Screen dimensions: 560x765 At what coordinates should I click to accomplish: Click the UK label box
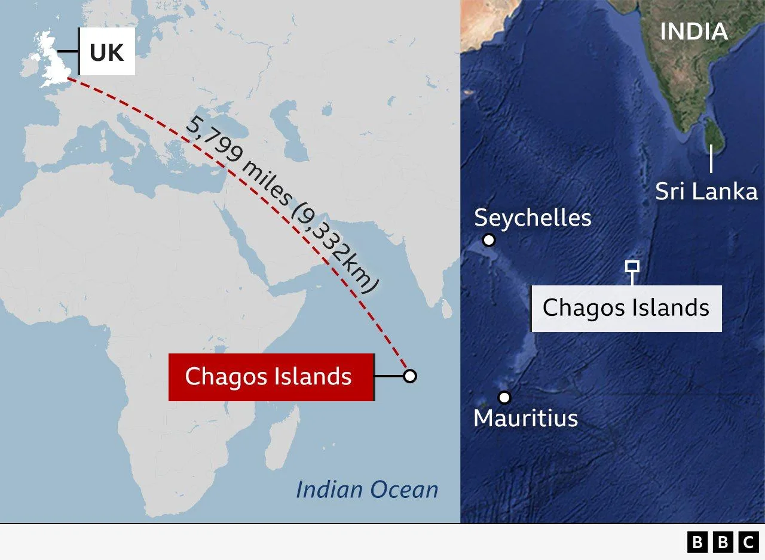(x=107, y=53)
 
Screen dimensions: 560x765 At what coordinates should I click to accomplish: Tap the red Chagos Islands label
(x=271, y=377)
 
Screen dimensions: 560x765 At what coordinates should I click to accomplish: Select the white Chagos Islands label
(x=626, y=308)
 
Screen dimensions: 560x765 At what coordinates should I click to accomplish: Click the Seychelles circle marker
(x=489, y=240)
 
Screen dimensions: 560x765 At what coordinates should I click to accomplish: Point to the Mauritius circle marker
(x=504, y=398)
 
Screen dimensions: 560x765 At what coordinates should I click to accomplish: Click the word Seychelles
(x=533, y=218)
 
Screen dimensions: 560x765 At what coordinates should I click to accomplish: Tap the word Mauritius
(x=525, y=418)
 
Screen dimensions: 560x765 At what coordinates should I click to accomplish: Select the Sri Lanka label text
(x=706, y=192)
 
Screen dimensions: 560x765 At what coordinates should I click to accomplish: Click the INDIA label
(x=693, y=32)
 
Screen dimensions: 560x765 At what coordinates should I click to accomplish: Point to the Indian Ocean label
(x=367, y=490)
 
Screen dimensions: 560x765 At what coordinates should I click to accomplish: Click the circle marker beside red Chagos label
(x=409, y=376)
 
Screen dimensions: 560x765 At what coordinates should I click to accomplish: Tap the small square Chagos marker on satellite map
(x=632, y=266)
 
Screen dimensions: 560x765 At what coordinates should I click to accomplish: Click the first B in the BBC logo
(x=696, y=542)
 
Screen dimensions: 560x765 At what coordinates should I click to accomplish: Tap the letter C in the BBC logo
(x=748, y=542)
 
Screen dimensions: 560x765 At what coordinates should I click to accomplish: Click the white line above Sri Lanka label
(x=711, y=159)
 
